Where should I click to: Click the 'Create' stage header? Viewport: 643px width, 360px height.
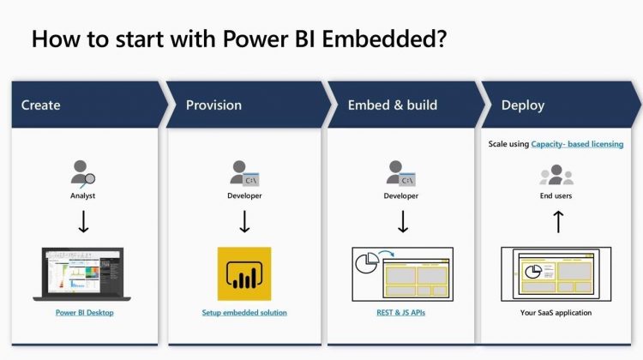pyautogui.click(x=40, y=105)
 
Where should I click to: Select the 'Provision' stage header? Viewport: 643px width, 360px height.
pyautogui.click(x=213, y=105)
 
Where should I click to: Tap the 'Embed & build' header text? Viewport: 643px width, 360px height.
pyautogui.click(x=393, y=105)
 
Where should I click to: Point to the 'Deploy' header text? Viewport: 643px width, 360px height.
pyautogui.click(x=523, y=105)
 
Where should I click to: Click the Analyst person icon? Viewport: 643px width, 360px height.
pyautogui.click(x=82, y=174)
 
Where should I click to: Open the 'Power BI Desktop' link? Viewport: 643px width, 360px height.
pyautogui.click(x=85, y=313)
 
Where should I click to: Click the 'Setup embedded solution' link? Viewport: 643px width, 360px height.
pyautogui.click(x=244, y=313)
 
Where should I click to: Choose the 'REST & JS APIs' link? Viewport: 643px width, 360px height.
pyautogui.click(x=400, y=313)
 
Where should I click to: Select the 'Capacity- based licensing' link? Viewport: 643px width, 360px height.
pyautogui.click(x=577, y=144)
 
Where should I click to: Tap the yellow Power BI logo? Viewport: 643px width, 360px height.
pyautogui.click(x=244, y=274)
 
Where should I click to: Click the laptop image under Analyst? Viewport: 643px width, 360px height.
pyautogui.click(x=82, y=274)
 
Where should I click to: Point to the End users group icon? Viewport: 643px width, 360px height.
pyautogui.click(x=556, y=175)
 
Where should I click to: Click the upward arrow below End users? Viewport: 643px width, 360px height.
pyautogui.click(x=558, y=222)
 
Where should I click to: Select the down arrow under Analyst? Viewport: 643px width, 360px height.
pyautogui.click(x=84, y=222)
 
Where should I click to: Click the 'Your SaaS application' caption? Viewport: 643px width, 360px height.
pyautogui.click(x=556, y=313)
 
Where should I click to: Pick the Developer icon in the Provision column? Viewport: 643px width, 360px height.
pyautogui.click(x=244, y=173)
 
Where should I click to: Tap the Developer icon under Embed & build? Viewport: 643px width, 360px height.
pyautogui.click(x=400, y=173)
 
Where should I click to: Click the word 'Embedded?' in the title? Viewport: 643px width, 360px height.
pyautogui.click(x=384, y=39)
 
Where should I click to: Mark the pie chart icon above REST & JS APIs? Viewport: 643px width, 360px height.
pyautogui.click(x=367, y=263)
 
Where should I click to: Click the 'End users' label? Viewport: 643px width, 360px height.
pyautogui.click(x=556, y=195)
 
